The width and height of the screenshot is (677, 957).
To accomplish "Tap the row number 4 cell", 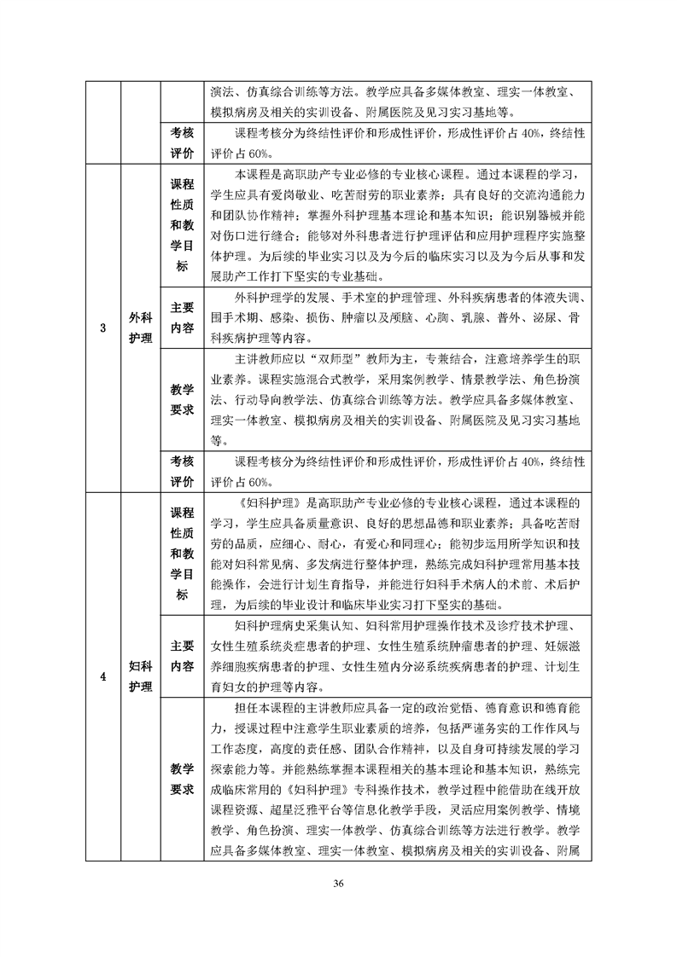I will pyautogui.click(x=102, y=677).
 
